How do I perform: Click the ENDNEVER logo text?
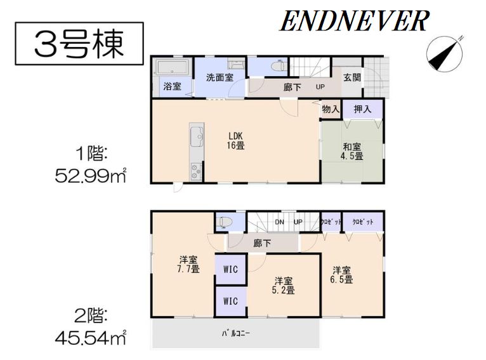[x=354, y=21]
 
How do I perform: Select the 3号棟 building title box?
[x=79, y=43]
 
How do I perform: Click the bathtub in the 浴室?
[x=173, y=67]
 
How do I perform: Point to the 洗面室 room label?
[x=220, y=77]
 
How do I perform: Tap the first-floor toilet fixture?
[x=278, y=66]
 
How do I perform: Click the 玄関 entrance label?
[x=352, y=77]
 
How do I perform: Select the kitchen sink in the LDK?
[x=197, y=136]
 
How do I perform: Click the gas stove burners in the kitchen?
[x=196, y=171]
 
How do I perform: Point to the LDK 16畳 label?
[x=235, y=140]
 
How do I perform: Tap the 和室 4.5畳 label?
[x=351, y=151]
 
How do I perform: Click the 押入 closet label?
[x=362, y=109]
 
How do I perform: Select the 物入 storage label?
[x=331, y=109]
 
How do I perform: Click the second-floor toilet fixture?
[x=225, y=222]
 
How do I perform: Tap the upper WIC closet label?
[x=230, y=269]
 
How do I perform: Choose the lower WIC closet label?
[x=230, y=301]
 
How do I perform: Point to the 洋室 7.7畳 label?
[x=188, y=264]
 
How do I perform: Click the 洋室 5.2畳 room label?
[x=284, y=286]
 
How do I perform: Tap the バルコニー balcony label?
[x=236, y=333]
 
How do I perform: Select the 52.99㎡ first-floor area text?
[x=91, y=177]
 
